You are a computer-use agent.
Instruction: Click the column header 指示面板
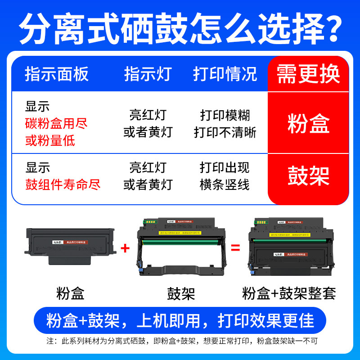point(57,74)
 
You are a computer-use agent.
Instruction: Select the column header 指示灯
point(148,74)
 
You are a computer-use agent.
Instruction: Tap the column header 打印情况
point(225,74)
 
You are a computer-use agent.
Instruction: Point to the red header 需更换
point(308,74)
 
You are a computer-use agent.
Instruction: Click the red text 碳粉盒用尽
point(57,124)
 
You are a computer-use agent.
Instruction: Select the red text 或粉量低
point(50,141)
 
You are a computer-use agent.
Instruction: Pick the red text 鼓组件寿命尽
point(63,184)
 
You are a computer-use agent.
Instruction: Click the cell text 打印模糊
point(225,115)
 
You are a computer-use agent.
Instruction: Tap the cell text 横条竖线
point(225,184)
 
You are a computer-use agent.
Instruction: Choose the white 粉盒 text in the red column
point(308,124)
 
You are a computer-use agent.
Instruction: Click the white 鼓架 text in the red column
point(308,176)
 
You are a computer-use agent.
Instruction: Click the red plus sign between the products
point(126,247)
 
